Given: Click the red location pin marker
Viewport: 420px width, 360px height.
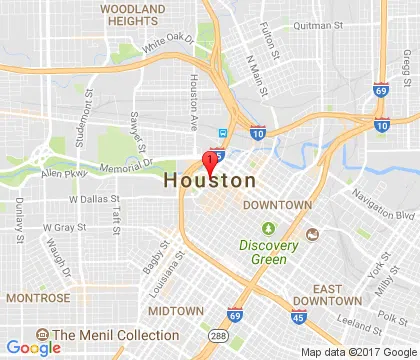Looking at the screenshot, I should pyautogui.click(x=211, y=161).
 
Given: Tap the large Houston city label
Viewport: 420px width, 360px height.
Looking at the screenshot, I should pyautogui.click(x=209, y=181).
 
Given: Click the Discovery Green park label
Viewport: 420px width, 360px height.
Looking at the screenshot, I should pyautogui.click(x=263, y=252).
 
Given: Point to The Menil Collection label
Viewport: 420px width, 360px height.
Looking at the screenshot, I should pyautogui.click(x=115, y=336).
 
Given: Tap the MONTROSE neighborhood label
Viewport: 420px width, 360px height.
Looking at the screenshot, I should pyautogui.click(x=38, y=298).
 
